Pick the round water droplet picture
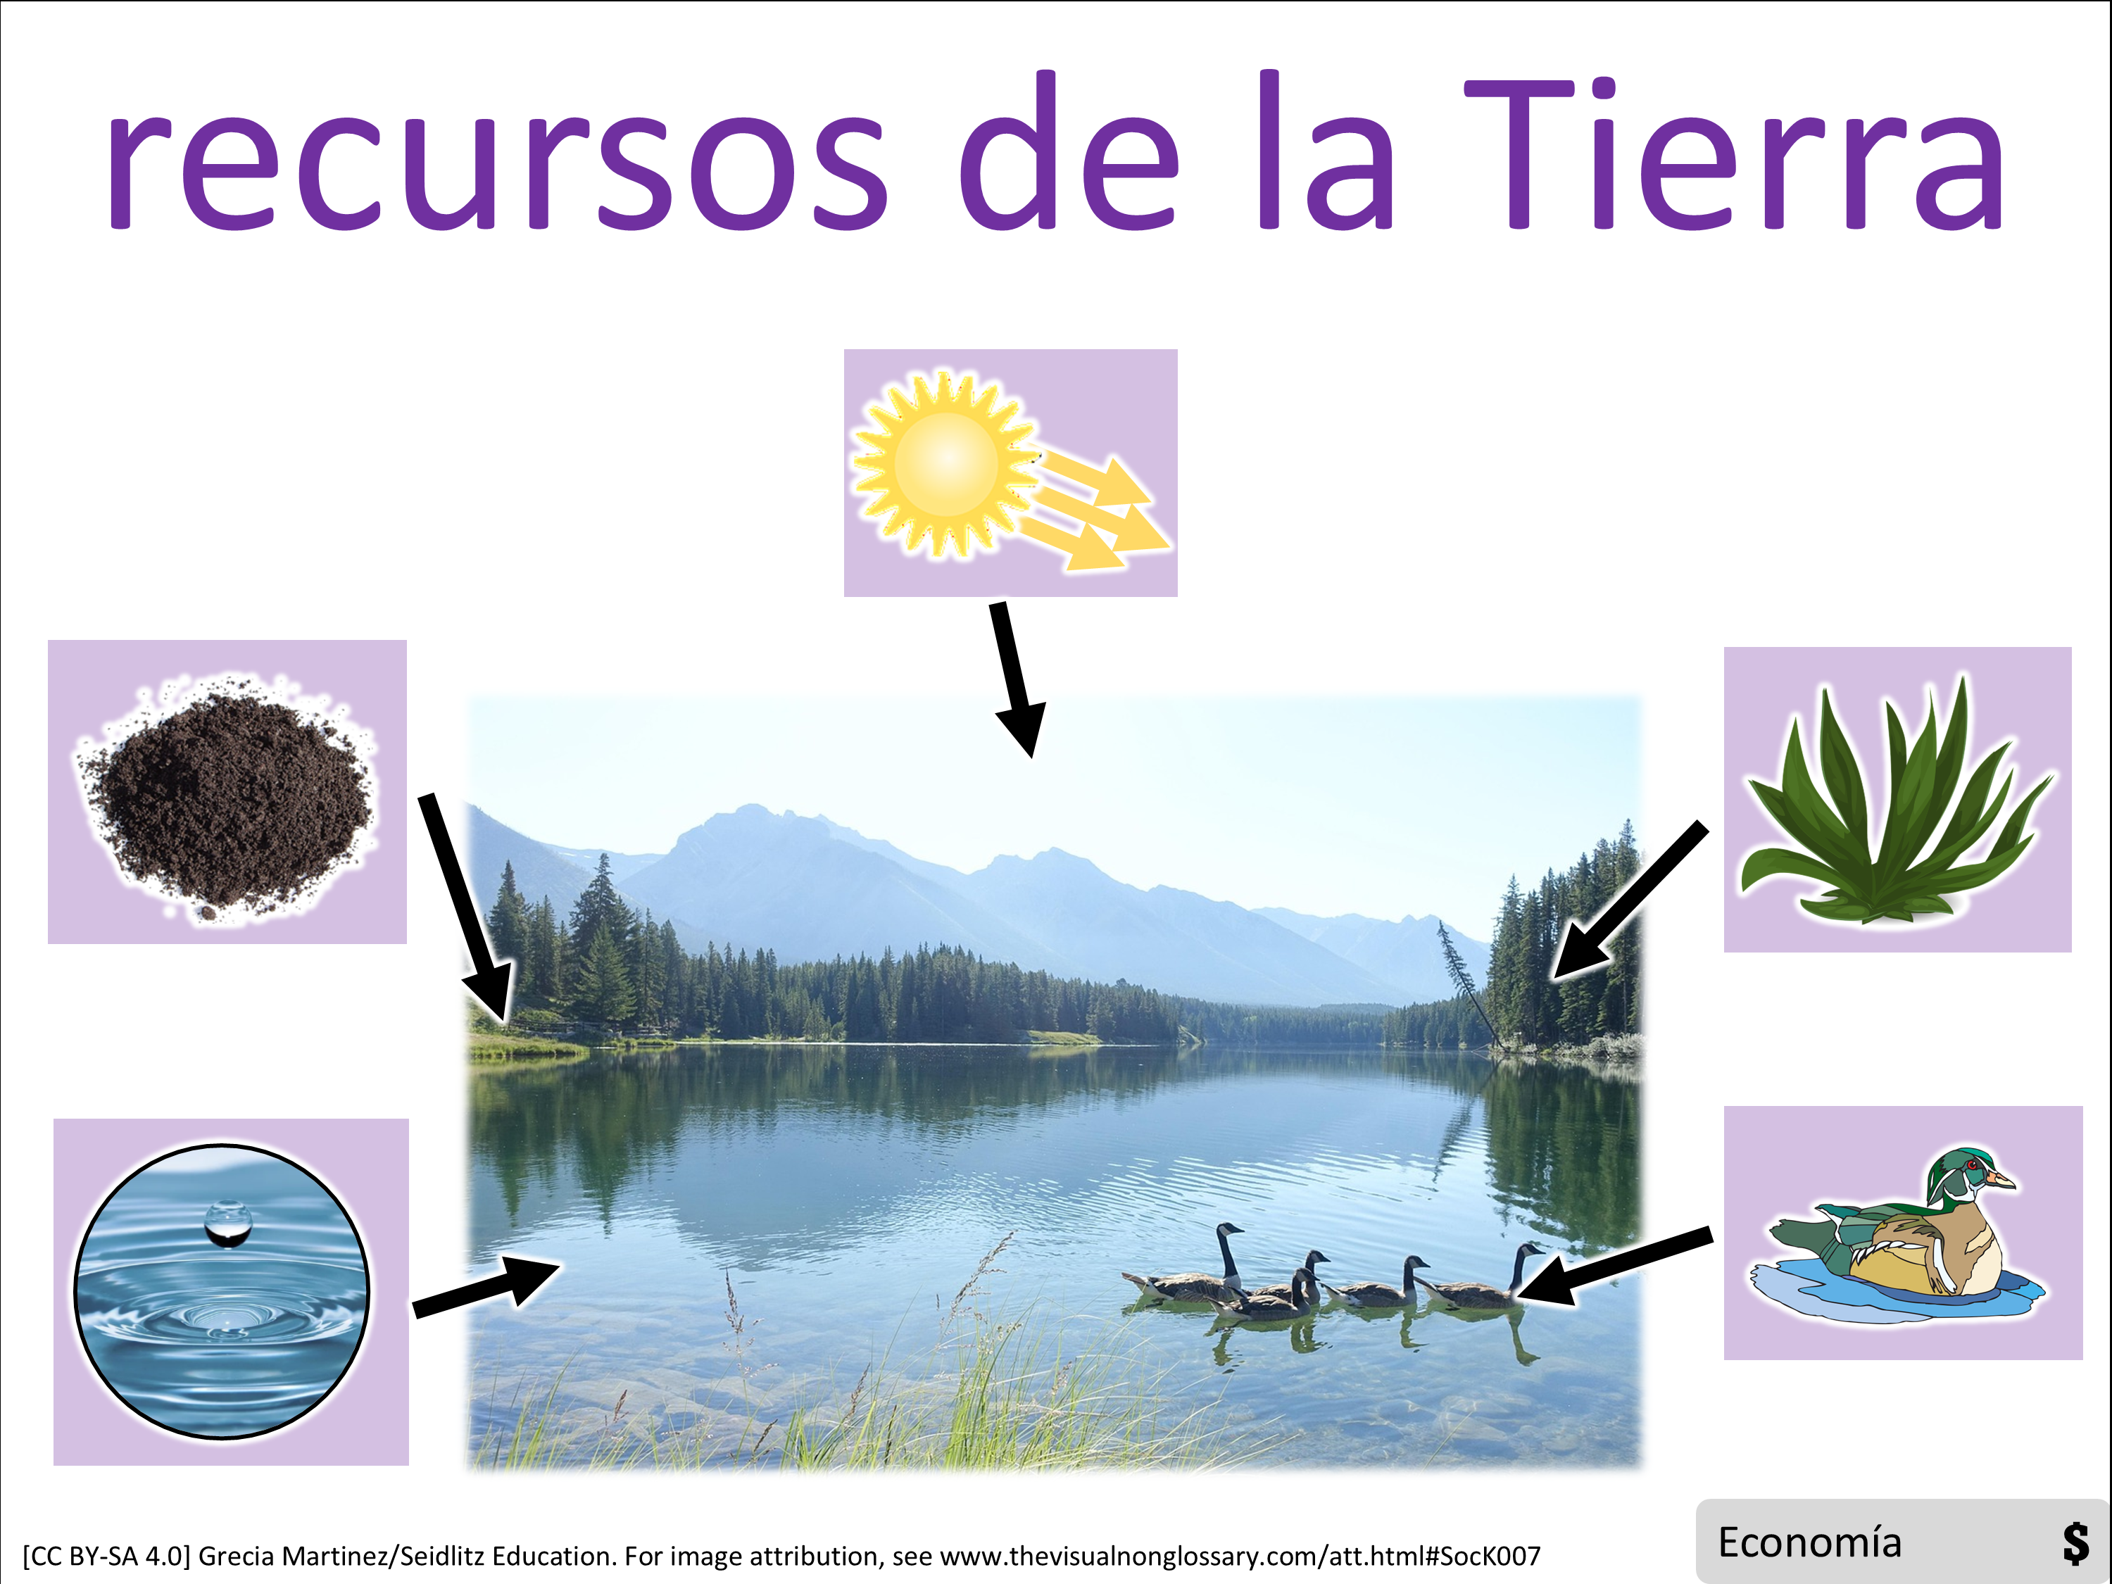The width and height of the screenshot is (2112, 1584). click(222, 1291)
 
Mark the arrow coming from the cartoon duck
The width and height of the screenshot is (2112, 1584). click(1613, 1266)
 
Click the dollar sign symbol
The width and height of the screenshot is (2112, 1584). click(2075, 1544)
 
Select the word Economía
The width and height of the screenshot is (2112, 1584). click(1809, 1543)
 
